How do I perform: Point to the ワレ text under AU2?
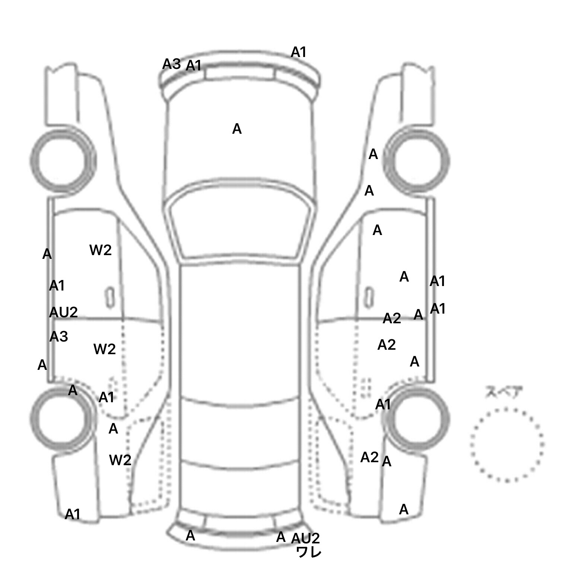point(308,552)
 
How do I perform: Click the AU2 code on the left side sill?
point(63,312)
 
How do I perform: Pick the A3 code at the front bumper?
point(171,64)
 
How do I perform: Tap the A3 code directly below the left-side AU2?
point(58,336)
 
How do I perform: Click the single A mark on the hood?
point(237,129)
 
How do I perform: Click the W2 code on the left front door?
point(101,250)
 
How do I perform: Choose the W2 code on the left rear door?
point(105,349)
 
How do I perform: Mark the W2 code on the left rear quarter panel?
point(120,460)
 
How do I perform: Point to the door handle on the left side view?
point(110,298)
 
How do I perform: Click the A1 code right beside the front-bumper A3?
point(193,66)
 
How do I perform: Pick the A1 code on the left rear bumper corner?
point(72,514)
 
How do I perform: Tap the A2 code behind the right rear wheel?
point(369,457)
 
